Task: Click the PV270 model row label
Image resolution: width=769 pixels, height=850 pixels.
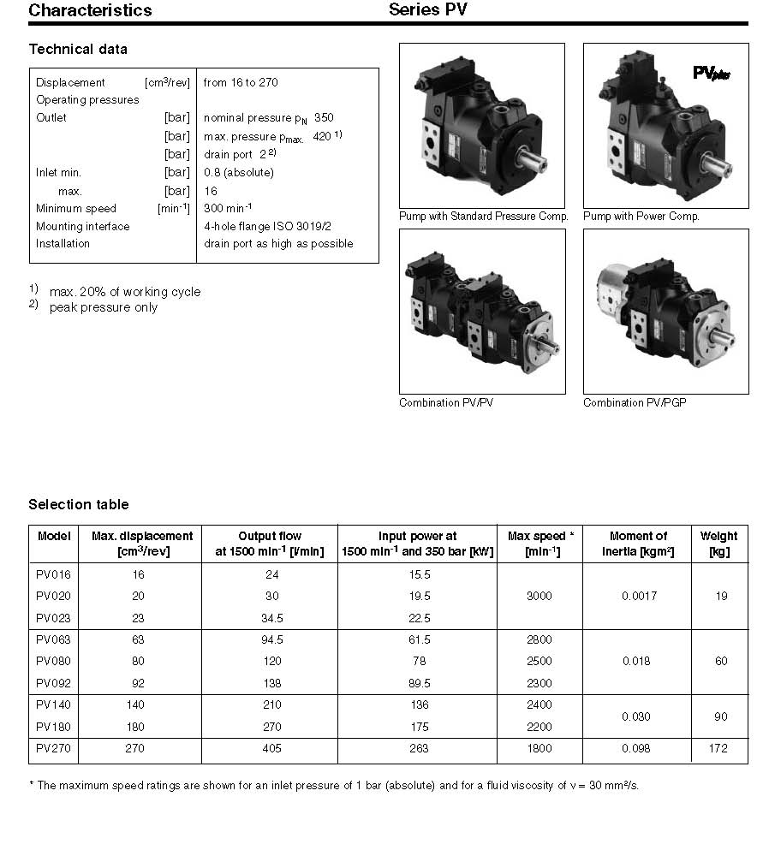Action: [53, 748]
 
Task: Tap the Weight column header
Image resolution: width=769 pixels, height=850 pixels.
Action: [718, 544]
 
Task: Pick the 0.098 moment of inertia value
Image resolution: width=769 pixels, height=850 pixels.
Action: [635, 748]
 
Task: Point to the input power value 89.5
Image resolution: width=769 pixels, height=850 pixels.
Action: [417, 683]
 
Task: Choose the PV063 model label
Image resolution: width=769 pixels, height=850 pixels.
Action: [53, 639]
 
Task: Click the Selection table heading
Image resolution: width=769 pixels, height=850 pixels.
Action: [79, 504]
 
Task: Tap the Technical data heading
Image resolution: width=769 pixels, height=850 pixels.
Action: [78, 50]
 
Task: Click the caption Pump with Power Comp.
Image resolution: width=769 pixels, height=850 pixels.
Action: [641, 217]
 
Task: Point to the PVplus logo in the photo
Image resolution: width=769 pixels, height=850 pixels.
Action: [711, 74]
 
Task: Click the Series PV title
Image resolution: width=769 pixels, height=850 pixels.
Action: [428, 10]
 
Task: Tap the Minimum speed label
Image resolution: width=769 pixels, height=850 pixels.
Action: [76, 208]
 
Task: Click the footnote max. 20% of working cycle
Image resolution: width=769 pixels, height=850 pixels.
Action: [125, 291]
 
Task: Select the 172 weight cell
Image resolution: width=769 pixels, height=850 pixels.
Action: [718, 748]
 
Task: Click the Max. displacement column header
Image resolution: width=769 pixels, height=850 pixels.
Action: [142, 544]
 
